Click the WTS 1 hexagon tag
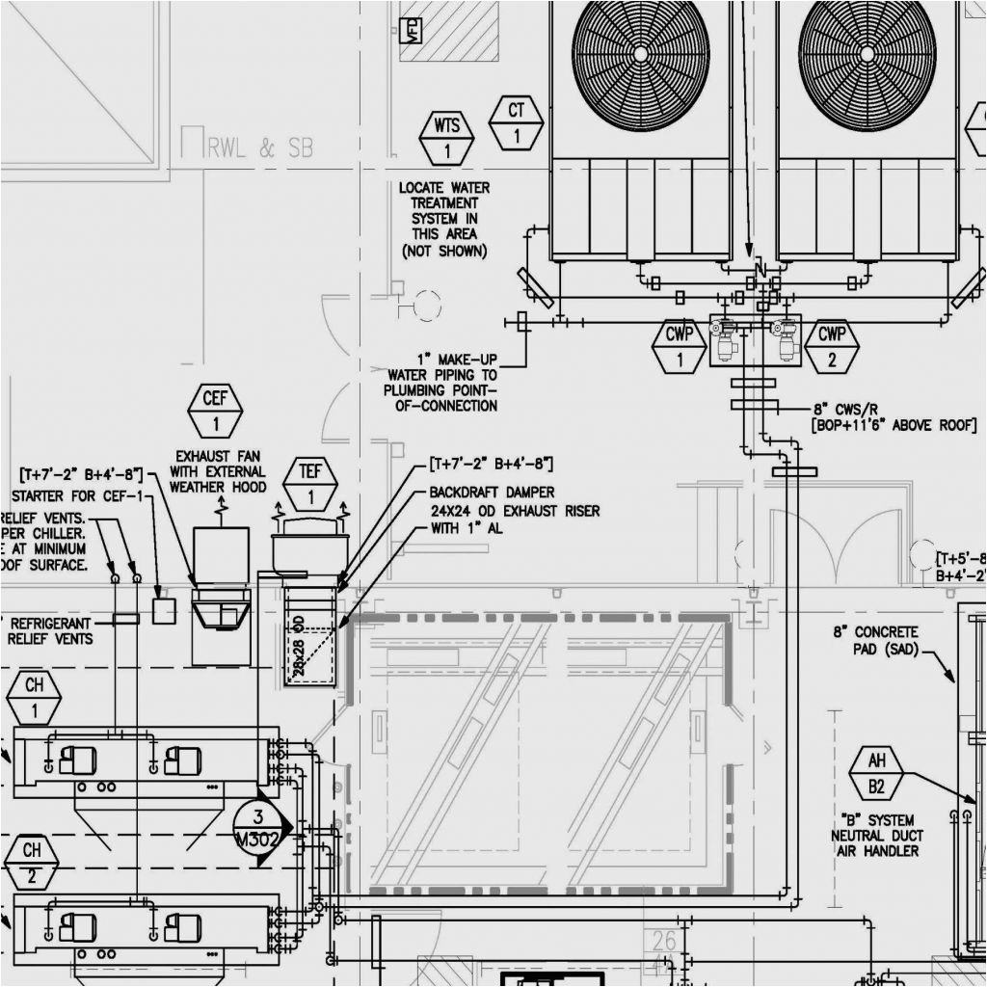pos(446,139)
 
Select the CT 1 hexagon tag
pos(516,123)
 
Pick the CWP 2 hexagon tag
pos(831,347)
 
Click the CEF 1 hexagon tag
pos(215,411)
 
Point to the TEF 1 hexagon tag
pos(310,485)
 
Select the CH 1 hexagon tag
pos(34,698)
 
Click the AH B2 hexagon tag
pos(876,773)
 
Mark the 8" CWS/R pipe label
pos(892,416)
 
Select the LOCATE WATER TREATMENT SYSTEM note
pos(444,219)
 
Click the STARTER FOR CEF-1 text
pos(76,495)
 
